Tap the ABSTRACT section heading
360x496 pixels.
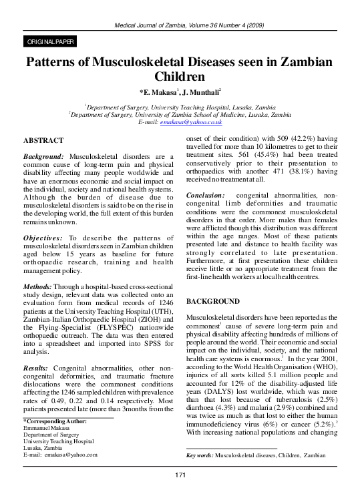tap(43, 141)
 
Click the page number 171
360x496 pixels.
tap(180, 474)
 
